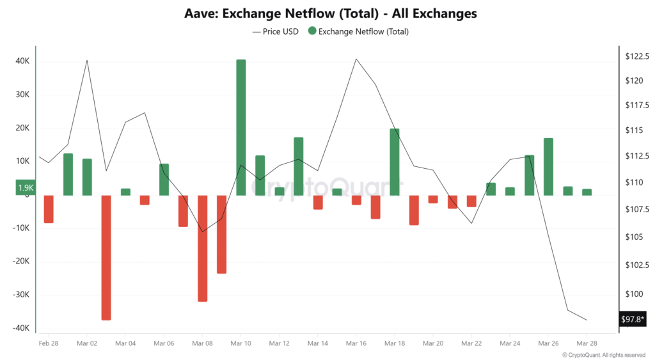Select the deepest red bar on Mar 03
point(106,257)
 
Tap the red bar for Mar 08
point(202,248)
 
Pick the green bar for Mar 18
point(395,162)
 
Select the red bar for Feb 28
point(49,209)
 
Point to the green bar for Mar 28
point(587,192)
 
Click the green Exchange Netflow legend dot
point(312,31)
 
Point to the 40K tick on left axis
point(22,61)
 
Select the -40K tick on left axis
point(20,328)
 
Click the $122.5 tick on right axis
point(637,56)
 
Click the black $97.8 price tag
point(633,319)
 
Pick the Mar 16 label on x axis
point(356,343)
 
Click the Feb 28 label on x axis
point(49,343)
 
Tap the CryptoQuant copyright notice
point(603,354)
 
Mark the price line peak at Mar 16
point(356,59)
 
